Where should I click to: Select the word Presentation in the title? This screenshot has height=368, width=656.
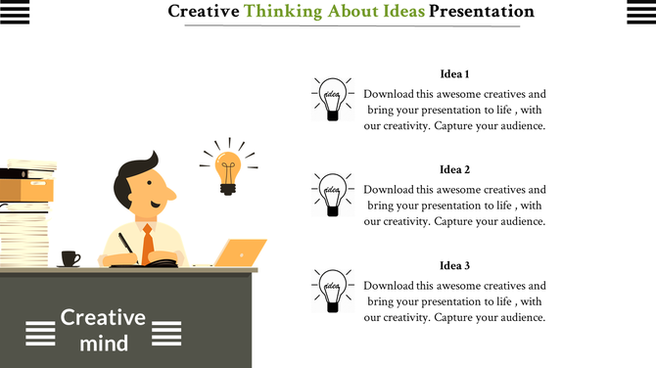coord(482,12)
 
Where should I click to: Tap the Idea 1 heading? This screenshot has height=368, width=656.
coord(454,74)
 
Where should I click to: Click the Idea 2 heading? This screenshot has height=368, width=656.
coord(454,169)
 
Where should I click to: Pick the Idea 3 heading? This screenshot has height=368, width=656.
coord(454,265)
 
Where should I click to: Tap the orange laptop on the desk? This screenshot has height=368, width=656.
coord(240,253)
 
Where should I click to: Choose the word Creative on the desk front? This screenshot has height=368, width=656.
coord(103,318)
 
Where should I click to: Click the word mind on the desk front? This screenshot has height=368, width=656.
coord(104,343)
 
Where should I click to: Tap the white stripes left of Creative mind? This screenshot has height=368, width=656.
coord(39,333)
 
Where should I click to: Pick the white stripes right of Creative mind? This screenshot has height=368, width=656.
coord(166,333)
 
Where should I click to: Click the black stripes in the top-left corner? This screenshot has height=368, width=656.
coord(15,12)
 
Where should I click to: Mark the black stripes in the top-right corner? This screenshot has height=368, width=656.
coord(640,12)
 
